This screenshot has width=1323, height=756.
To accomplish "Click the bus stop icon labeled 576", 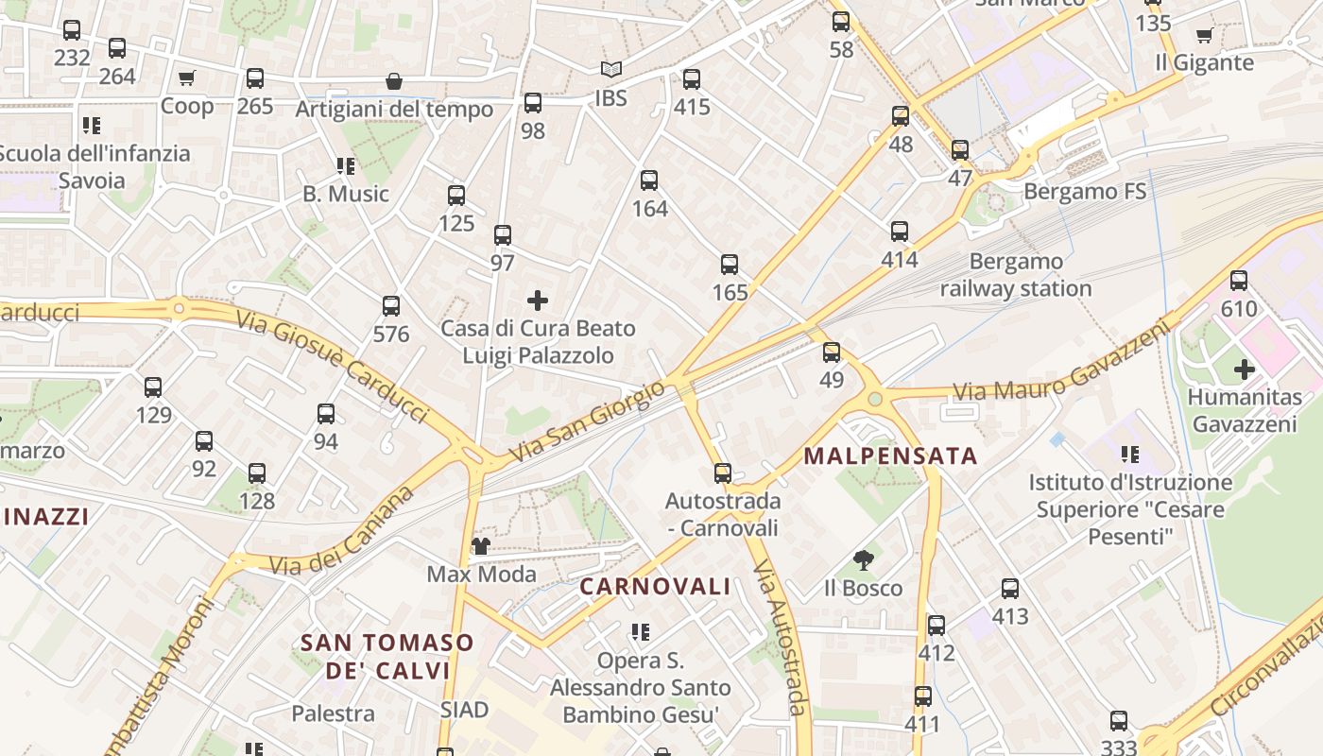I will point(391,306).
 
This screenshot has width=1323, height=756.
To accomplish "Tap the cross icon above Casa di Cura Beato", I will point(538,301).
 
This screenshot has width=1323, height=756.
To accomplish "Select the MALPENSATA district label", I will point(890,455).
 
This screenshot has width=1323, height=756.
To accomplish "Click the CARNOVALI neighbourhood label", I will point(655,586).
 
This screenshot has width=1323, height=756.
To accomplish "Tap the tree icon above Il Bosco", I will point(863,560).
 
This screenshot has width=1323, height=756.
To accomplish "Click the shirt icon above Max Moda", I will point(481,546).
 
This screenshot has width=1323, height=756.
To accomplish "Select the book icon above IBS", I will point(611,70).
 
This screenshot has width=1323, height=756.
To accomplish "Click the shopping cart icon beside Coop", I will point(186,77).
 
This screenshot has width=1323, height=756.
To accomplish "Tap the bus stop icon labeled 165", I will point(730,265).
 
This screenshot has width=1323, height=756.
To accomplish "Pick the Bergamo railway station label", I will point(1016,275).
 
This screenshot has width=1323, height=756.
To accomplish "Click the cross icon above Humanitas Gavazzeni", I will point(1245,369).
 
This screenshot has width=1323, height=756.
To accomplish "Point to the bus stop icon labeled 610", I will point(1239,281).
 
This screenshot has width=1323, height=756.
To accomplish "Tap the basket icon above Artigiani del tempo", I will point(394,82).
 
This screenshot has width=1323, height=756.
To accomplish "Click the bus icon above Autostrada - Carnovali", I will point(723,472).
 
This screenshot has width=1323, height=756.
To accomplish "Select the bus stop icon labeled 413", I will point(1010,589).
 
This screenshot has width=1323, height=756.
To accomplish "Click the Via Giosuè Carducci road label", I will point(333,366).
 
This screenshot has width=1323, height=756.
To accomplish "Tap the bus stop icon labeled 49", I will point(832,352).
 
